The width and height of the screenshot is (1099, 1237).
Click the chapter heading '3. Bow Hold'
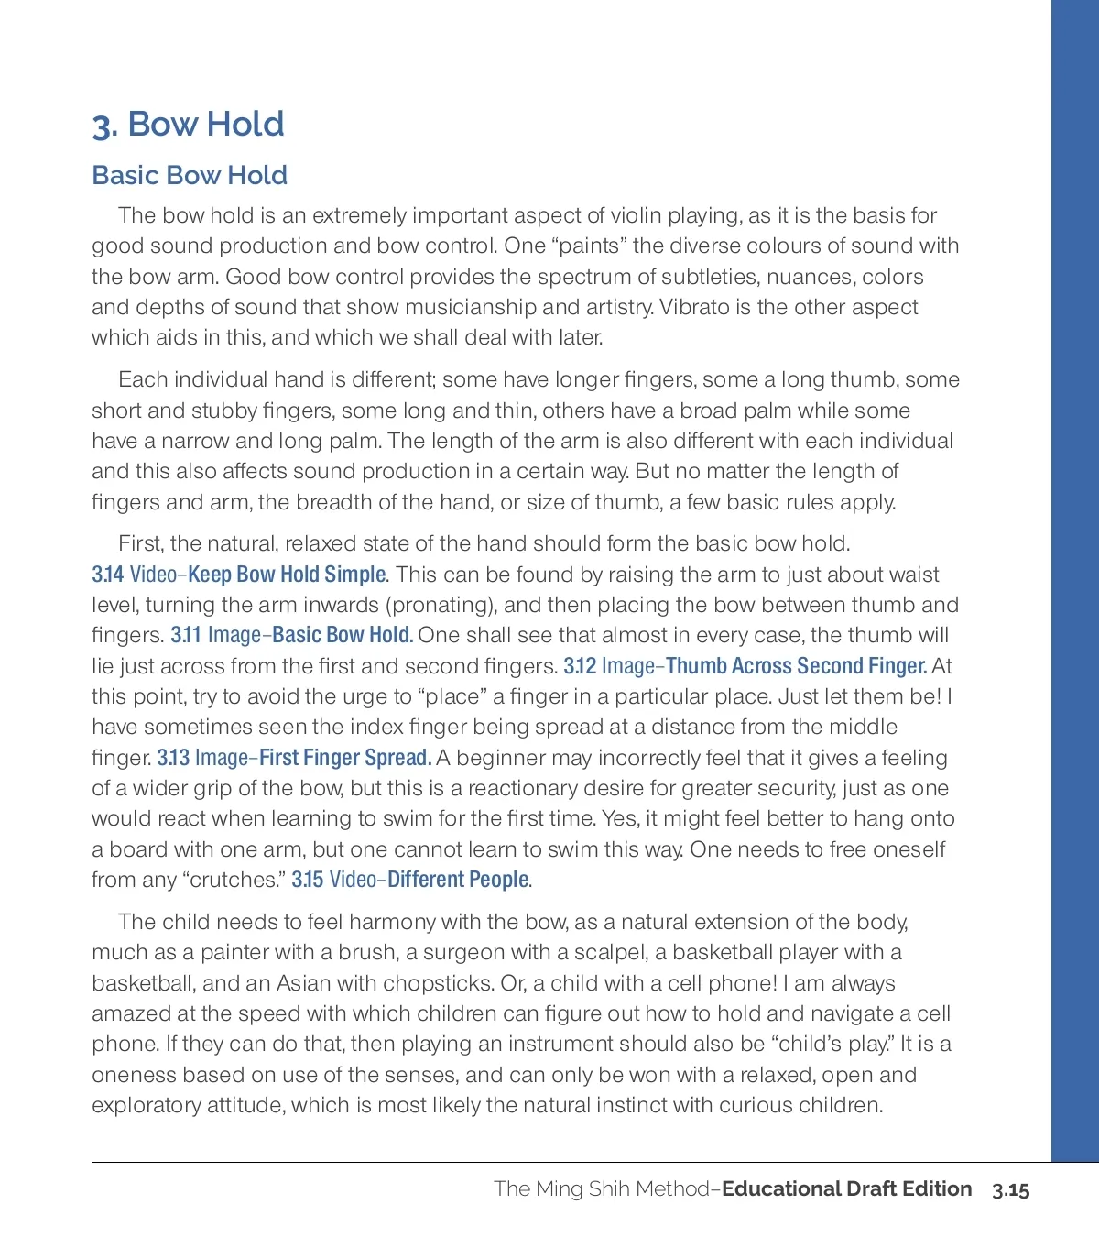pos(189,125)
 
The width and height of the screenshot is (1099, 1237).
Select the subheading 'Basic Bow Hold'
pos(190,175)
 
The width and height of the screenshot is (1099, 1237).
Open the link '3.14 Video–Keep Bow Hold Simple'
pos(239,575)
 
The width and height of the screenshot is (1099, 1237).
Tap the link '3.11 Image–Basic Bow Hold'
pos(291,635)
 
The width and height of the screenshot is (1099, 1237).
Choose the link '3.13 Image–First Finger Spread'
pos(293,758)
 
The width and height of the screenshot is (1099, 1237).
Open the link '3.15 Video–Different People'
pos(410,880)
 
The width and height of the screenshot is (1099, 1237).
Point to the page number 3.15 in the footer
pos(1010,1189)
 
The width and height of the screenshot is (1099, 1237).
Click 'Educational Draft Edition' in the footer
pos(846,1188)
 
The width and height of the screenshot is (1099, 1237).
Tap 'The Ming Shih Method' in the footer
pos(601,1188)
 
